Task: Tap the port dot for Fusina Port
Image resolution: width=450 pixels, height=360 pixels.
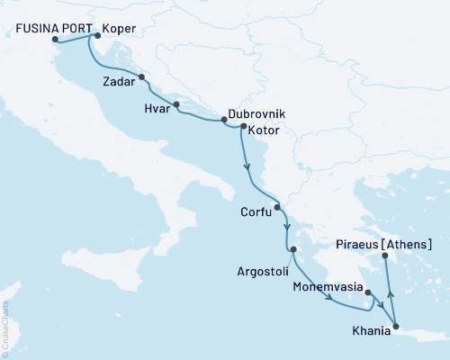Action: (56, 40)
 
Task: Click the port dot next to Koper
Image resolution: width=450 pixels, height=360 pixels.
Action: (97, 36)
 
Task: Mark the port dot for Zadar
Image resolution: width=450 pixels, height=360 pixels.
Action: (141, 78)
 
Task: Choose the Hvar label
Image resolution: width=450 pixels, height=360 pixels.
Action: (157, 106)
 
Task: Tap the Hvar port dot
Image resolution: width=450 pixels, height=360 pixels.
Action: (176, 104)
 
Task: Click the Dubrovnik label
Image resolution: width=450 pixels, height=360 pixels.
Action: (256, 116)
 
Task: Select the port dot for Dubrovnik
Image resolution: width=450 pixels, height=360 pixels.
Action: (223, 120)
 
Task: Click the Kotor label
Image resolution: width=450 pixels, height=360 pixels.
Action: (264, 131)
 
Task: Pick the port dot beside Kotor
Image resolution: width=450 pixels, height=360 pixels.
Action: (243, 127)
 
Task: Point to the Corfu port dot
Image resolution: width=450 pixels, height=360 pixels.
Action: (277, 207)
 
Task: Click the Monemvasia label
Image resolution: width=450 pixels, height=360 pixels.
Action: (328, 290)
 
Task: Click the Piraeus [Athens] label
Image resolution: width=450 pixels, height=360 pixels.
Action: (383, 244)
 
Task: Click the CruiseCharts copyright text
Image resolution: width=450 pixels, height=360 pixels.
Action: (5, 319)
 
